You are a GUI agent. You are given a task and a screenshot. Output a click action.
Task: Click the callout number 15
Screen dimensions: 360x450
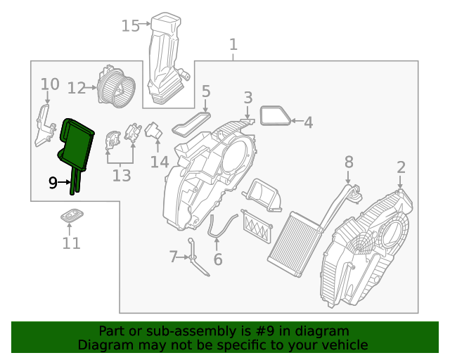131,26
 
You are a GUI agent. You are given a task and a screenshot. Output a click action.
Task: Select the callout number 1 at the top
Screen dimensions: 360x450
233,45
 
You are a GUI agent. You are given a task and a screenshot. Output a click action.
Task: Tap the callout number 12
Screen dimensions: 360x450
77,88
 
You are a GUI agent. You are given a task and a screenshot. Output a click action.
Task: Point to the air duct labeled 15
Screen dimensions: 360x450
167,60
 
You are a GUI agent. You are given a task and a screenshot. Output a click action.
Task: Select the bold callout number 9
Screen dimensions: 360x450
53,183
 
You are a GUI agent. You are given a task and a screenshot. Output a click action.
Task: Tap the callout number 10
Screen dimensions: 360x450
49,85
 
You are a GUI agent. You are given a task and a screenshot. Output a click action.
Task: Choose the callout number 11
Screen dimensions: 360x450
71,243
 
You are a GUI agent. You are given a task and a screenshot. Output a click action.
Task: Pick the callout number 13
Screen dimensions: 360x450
122,175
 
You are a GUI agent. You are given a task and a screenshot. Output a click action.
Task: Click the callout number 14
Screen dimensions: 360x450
160,162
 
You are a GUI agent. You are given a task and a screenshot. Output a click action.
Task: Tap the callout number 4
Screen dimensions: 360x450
308,122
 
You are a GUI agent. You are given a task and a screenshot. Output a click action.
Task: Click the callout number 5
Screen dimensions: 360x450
206,91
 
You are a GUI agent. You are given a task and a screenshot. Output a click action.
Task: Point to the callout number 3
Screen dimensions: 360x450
248,97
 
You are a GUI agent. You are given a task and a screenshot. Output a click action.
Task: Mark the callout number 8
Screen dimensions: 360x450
348,162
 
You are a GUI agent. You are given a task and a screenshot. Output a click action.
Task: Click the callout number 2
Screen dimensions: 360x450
401,167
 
